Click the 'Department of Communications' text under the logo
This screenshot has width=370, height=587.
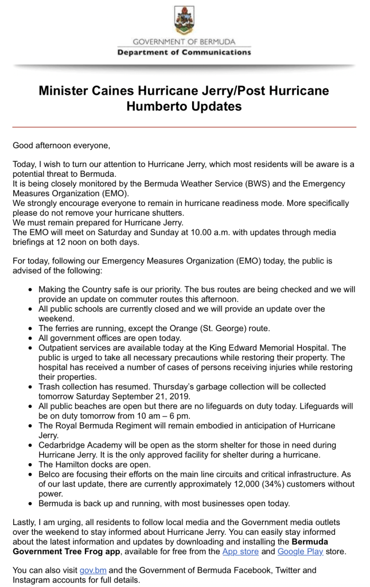click(184, 53)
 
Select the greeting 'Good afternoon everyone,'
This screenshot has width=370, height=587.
click(61, 146)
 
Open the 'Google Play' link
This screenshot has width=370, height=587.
click(300, 551)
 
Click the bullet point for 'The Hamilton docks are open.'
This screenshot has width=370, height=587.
click(30, 465)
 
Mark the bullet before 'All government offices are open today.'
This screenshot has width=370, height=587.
click(30, 338)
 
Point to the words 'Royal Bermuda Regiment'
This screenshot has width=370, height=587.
click(107, 426)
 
